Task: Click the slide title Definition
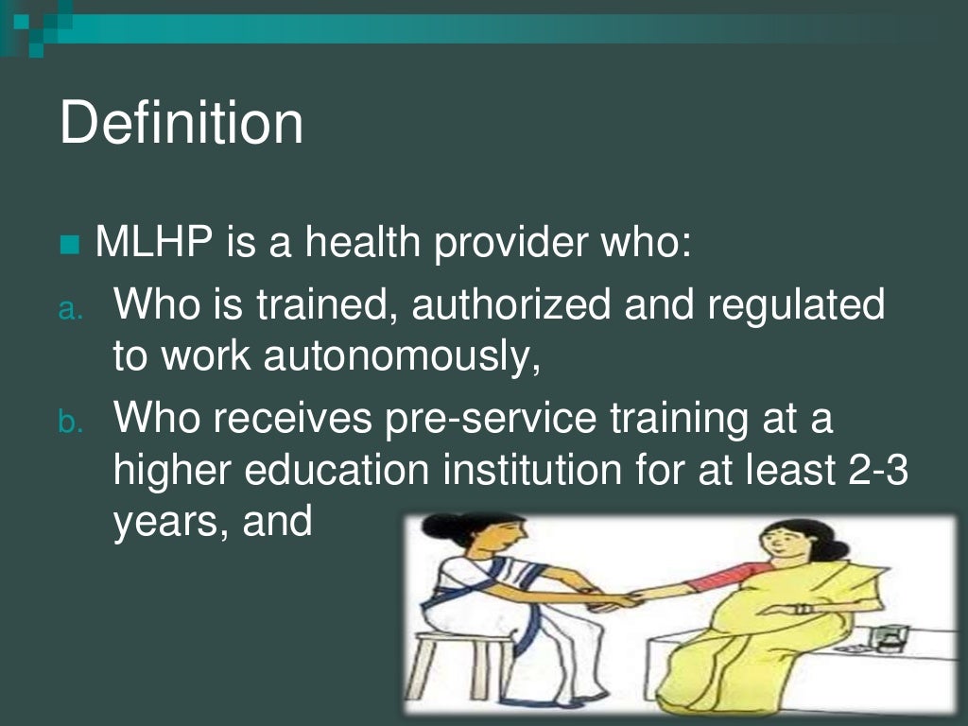[181, 123]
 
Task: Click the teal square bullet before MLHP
[70, 246]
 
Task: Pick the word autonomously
[402, 355]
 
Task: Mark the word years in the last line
[164, 521]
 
